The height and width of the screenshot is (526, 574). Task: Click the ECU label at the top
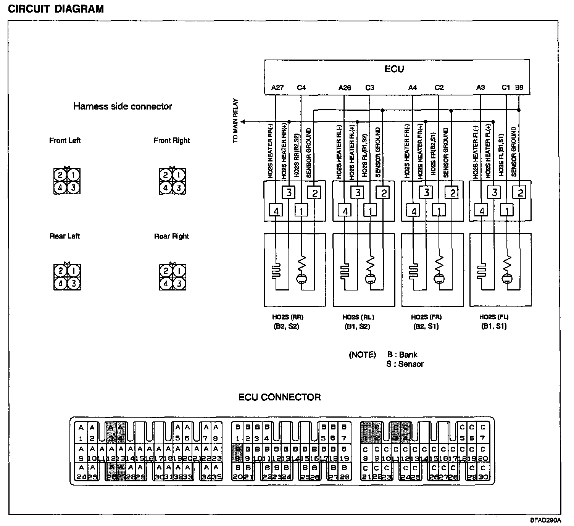394,69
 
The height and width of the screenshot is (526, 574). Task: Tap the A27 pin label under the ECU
277,88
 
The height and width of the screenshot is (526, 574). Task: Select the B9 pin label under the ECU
519,87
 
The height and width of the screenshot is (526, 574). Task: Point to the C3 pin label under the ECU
369,88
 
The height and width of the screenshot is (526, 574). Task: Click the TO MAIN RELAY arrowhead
243,122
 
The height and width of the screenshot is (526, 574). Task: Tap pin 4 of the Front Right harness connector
165,188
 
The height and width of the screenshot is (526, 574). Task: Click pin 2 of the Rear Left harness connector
60,271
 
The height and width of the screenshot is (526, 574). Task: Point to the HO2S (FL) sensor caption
494,317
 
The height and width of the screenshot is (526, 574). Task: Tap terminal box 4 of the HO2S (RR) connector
276,210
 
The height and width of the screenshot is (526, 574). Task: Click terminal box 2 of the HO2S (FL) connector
520,193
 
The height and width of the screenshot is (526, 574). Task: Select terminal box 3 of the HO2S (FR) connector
426,192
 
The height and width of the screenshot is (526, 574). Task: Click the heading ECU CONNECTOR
279,397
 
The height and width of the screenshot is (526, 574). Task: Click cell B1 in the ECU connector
237,432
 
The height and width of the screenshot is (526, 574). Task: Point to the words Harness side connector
123,106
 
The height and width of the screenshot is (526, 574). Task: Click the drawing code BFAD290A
545,520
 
